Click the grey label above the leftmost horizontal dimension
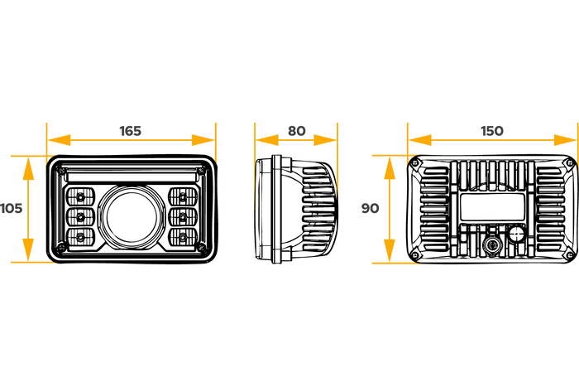131,130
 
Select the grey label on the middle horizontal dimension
296,130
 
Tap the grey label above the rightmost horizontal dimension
492,130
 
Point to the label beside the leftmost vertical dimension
12,208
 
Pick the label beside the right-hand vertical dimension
370,208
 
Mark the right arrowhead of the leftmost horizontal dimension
202,140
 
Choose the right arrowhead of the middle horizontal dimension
324,140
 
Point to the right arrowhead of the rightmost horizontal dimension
564,140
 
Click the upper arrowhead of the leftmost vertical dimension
28,168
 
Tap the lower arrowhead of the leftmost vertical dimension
28,249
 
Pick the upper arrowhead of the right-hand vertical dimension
390,168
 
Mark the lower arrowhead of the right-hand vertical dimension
390,249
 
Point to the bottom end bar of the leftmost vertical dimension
28,263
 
